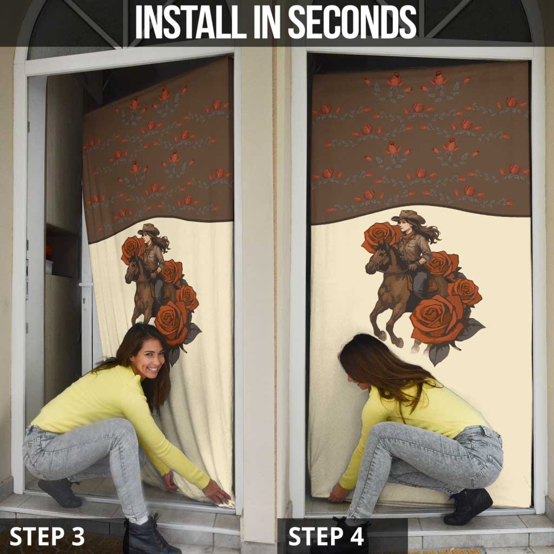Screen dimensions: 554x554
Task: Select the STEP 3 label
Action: pyautogui.click(x=47, y=536)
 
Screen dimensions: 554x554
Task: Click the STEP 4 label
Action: pyautogui.click(x=326, y=536)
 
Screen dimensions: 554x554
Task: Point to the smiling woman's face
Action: pyautogui.click(x=147, y=358)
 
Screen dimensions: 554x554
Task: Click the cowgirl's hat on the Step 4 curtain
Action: pyautogui.click(x=409, y=216)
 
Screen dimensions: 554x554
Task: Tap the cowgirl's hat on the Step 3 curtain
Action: pyautogui.click(x=148, y=229)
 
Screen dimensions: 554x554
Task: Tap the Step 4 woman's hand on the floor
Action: pyautogui.click(x=338, y=493)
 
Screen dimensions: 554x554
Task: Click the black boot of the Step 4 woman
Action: pyautogui.click(x=467, y=506)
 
